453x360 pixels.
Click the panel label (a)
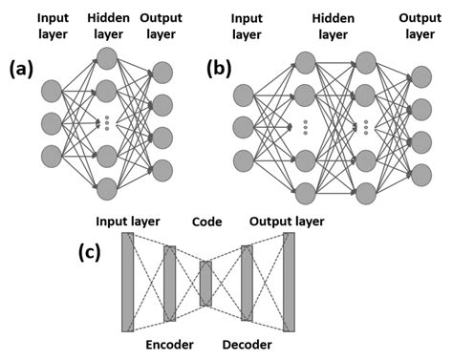(x=23, y=70)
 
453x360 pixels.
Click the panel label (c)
(x=94, y=253)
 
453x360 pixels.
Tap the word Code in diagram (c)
(x=206, y=222)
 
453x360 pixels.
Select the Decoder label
(x=247, y=344)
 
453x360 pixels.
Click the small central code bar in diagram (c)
(x=205, y=284)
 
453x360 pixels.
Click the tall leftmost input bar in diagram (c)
(x=127, y=282)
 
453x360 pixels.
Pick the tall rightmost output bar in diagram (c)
(x=290, y=282)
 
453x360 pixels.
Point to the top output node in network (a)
(x=162, y=74)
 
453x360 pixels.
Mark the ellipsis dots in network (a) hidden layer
(x=107, y=122)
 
